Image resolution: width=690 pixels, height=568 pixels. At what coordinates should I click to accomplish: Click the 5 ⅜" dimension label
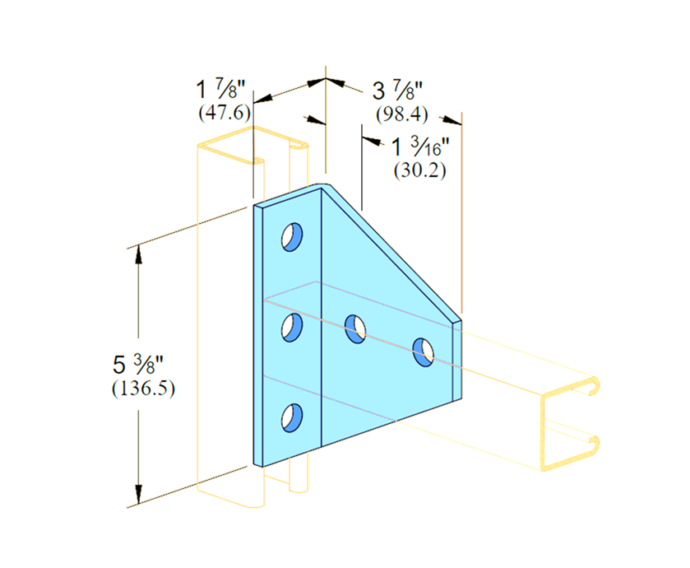point(137,364)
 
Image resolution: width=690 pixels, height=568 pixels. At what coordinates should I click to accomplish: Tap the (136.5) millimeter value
point(143,389)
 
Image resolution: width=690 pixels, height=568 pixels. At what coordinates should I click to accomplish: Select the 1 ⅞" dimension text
point(220,90)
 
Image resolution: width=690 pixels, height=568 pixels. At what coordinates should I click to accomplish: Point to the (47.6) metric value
point(225,112)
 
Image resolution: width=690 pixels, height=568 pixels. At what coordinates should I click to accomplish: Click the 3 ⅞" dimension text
point(397,91)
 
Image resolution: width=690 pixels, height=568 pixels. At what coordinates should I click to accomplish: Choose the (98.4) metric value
point(402,114)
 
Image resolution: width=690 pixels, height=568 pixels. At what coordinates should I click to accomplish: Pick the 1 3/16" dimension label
point(420,147)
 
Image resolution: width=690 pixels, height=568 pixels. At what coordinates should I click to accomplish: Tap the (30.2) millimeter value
point(419,170)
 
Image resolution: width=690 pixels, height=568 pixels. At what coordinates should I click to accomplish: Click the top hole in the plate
point(292,237)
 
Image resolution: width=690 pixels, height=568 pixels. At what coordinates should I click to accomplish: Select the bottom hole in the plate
point(292,417)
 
